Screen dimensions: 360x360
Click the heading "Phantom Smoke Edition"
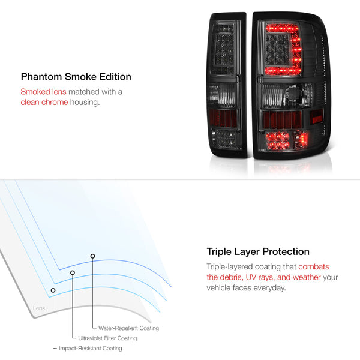click(x=76, y=77)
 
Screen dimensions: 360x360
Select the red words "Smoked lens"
click(x=43, y=92)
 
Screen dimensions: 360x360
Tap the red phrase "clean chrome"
click(x=44, y=102)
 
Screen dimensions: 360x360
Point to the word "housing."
click(x=85, y=103)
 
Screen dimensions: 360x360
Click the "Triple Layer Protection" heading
click(x=258, y=252)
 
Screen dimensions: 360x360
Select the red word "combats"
click(x=314, y=267)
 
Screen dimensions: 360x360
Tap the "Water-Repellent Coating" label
click(x=128, y=328)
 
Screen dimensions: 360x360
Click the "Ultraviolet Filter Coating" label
click(x=107, y=338)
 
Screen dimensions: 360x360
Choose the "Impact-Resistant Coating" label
click(x=91, y=348)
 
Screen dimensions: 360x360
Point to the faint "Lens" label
click(x=39, y=308)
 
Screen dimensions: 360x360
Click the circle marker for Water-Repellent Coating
click(x=92, y=256)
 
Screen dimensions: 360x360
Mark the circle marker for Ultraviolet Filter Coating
click(x=73, y=272)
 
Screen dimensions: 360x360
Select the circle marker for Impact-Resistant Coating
click(x=53, y=290)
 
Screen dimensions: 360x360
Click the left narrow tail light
click(x=227, y=85)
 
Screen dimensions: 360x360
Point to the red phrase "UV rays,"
click(x=260, y=277)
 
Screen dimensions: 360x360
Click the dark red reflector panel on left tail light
click(x=223, y=118)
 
